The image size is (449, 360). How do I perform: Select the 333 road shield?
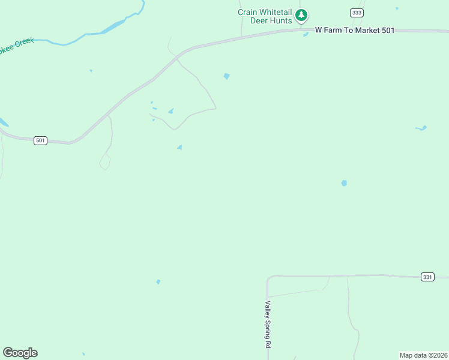(357, 13)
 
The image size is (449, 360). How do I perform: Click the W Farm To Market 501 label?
(355, 30)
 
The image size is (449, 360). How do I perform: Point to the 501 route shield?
(40, 140)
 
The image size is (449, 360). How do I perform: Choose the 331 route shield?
(427, 277)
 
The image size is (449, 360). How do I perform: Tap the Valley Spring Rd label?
(268, 325)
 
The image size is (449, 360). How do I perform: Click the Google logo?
(20, 353)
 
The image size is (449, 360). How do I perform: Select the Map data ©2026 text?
(423, 355)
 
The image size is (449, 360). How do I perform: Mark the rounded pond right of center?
(344, 183)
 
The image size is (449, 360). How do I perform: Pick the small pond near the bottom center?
(158, 281)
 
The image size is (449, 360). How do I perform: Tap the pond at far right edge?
(421, 128)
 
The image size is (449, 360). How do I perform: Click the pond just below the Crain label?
(226, 76)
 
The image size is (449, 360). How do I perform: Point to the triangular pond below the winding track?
(179, 147)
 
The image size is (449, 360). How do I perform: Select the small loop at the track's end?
(105, 161)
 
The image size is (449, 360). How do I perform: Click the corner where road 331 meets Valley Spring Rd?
(268, 277)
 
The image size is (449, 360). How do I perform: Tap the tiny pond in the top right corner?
(397, 8)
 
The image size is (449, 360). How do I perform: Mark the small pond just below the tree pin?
(306, 34)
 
